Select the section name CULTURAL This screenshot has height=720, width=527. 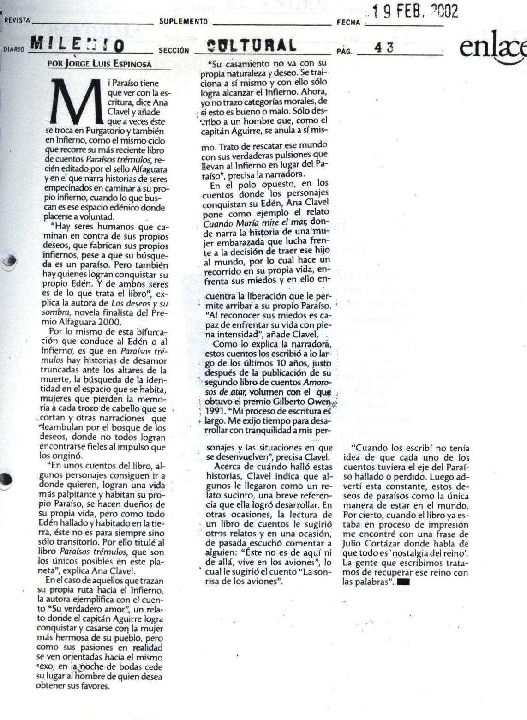pyautogui.click(x=251, y=46)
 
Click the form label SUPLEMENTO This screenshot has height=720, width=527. pyautogui.click(x=183, y=21)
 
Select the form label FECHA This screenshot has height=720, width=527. pyautogui.click(x=348, y=22)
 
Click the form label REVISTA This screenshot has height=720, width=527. pyautogui.click(x=17, y=20)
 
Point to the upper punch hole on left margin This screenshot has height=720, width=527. pyautogui.click(x=9, y=262)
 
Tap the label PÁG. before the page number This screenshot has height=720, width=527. pyautogui.click(x=344, y=51)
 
